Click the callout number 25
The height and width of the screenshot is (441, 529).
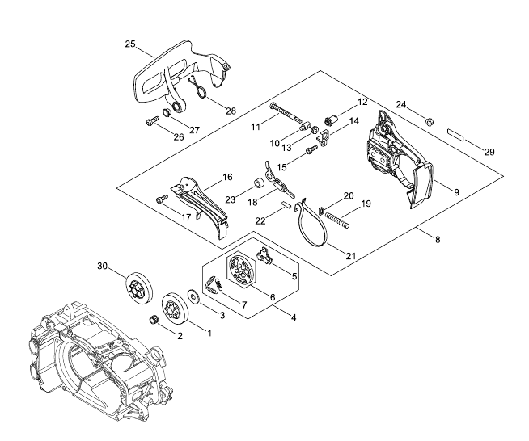point(130,44)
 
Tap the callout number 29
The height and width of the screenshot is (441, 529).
point(489,153)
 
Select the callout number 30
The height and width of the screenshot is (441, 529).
point(102,267)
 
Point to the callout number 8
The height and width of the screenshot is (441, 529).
point(438,240)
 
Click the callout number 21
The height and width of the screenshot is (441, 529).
point(351,256)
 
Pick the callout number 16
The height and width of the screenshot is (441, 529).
point(228,177)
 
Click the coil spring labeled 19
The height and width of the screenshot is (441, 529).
point(337,220)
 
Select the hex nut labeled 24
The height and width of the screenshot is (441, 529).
point(430,121)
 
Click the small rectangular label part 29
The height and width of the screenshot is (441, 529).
point(455,134)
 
